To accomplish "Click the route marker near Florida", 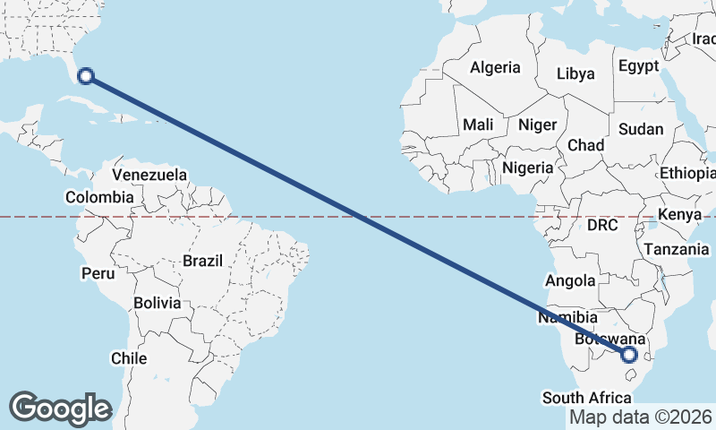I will click(x=86, y=75).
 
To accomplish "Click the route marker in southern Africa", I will click(x=629, y=355).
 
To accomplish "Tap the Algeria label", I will click(x=495, y=67).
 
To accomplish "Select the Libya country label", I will click(x=576, y=73).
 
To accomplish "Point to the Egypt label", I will click(x=638, y=67).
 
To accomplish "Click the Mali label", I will click(x=479, y=125).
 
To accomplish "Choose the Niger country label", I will click(x=537, y=125).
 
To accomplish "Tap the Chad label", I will click(x=585, y=144).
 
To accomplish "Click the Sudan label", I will click(x=641, y=129).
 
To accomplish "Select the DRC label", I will click(x=602, y=226).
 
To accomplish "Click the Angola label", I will click(x=570, y=280).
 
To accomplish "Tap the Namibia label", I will click(x=568, y=318).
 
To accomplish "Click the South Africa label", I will click(x=586, y=398).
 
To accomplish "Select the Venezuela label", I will click(x=149, y=174).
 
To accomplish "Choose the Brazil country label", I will click(x=202, y=261).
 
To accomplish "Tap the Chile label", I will click(x=129, y=358).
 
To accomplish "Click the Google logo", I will click(x=60, y=408).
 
